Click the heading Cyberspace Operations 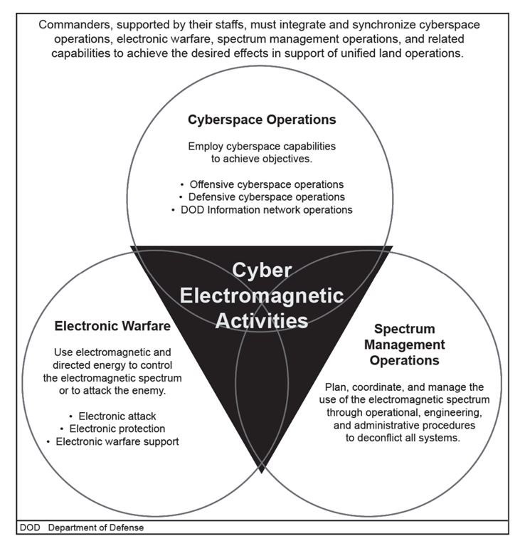tap(262, 120)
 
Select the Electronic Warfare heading tap(112, 326)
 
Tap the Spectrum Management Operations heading tap(404, 345)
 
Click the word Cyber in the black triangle tap(262, 271)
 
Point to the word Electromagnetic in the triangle tap(262, 296)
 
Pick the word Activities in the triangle tap(262, 321)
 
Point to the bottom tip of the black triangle tap(262, 473)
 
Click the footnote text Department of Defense tap(96, 527)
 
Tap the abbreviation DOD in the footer tap(30, 527)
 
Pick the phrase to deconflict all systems tap(403, 438)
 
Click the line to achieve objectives tap(262, 159)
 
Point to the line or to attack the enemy tap(112, 391)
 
